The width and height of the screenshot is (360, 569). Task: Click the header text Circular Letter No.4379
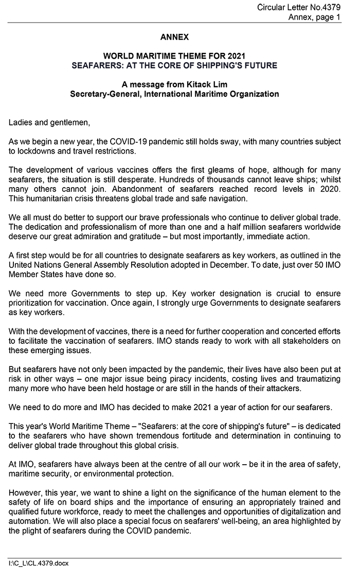298,7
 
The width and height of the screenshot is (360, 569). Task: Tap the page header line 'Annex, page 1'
314,17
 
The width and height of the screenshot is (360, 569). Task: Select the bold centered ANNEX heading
174,37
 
